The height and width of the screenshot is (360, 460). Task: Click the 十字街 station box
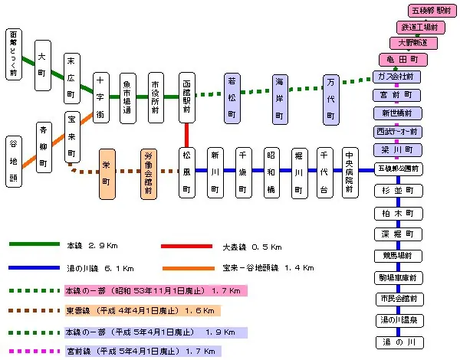[101, 97]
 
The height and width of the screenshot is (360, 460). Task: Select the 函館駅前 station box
[188, 97]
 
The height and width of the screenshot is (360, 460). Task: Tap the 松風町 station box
[188, 172]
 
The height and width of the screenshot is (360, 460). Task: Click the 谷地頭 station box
[15, 162]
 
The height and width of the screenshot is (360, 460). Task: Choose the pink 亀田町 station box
[402, 59]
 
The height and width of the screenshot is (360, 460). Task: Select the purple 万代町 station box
[331, 100]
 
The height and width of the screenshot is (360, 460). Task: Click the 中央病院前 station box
[348, 172]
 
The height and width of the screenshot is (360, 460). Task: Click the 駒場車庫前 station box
[399, 277]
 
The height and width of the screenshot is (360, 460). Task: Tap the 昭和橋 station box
[271, 172]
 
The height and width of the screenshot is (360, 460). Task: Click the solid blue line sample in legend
[34, 268]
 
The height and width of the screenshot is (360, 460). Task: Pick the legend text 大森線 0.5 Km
[252, 247]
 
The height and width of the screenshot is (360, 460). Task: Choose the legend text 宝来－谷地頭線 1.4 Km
[268, 268]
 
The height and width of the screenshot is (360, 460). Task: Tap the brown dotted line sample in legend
[34, 311]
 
